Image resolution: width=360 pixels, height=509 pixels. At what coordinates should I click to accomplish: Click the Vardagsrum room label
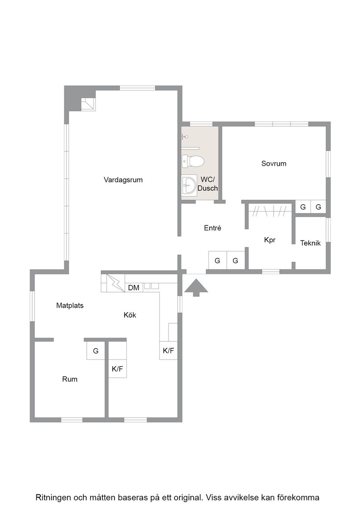click(123, 180)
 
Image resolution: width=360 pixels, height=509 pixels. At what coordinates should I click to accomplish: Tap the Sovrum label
click(274, 164)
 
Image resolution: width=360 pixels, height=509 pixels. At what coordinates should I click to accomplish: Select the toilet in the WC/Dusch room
click(192, 161)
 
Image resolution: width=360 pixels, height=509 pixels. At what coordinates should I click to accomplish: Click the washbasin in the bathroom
click(189, 185)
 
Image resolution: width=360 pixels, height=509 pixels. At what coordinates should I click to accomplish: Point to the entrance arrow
click(196, 288)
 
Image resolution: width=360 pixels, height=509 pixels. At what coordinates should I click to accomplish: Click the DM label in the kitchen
click(134, 288)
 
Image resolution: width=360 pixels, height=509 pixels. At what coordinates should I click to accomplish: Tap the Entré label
click(213, 228)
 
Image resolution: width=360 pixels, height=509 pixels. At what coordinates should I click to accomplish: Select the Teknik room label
click(310, 243)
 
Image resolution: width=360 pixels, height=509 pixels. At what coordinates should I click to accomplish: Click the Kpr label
click(270, 240)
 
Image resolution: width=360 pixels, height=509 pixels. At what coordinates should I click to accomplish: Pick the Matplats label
click(70, 305)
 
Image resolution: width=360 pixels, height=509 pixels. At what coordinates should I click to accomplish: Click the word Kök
click(130, 315)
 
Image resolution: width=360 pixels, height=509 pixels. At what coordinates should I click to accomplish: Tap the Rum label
click(70, 379)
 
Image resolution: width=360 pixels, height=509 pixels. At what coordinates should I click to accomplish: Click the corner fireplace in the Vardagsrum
click(88, 104)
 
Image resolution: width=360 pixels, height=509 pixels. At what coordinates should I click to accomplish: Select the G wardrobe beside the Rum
click(96, 350)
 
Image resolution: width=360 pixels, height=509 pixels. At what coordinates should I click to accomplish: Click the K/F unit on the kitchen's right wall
click(169, 350)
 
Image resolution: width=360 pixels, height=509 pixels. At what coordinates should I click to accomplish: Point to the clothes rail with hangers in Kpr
click(270, 211)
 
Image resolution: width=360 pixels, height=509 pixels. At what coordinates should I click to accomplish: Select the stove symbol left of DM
click(115, 283)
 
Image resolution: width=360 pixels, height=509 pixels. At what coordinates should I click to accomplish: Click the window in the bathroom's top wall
click(201, 124)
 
